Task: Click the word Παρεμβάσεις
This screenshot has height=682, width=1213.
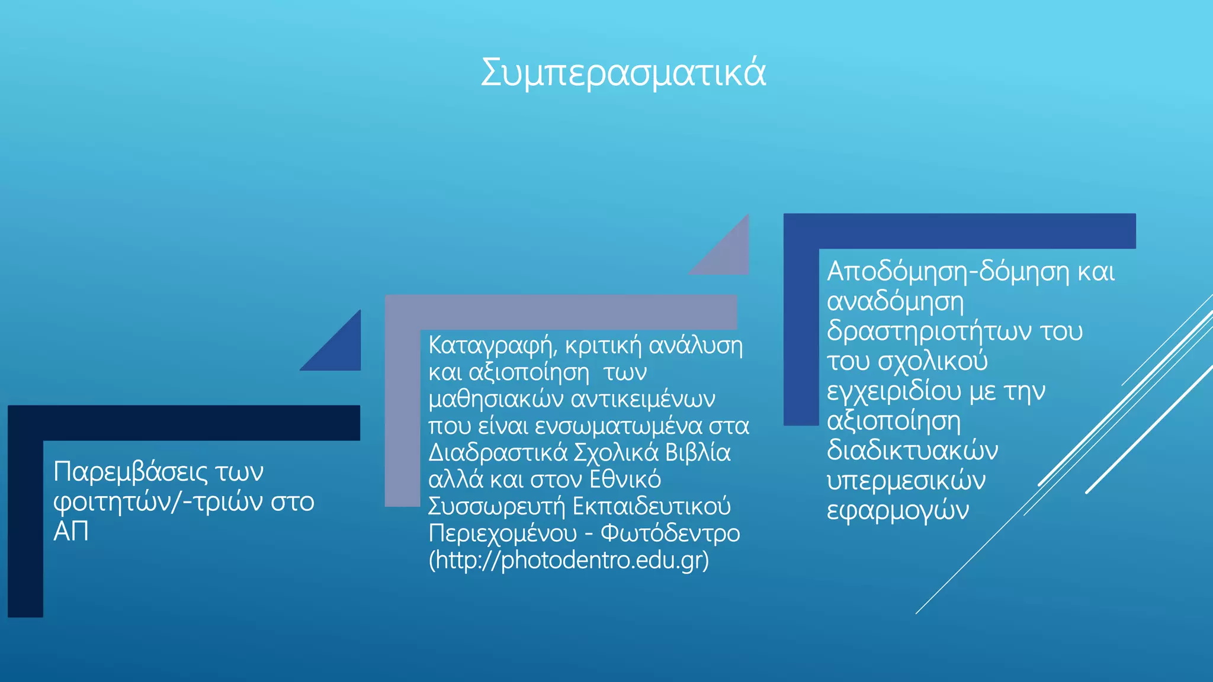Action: coord(131,472)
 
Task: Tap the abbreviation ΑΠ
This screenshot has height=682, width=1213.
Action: coord(71,532)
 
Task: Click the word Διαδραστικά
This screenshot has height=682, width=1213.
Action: coord(498,453)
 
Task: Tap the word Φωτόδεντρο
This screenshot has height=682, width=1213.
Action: coord(670,533)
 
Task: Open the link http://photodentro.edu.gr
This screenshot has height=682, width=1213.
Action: coord(569,560)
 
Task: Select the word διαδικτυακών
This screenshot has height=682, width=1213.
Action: coord(912,451)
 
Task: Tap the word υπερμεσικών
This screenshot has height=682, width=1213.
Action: coord(906,481)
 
